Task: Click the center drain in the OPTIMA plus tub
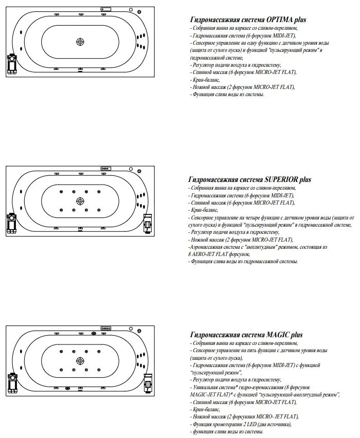80,42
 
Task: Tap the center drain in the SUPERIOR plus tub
80,200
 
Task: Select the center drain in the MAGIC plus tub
80,360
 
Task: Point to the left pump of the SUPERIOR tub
11,223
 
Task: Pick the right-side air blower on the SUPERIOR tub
149,222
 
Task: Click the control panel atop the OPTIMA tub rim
107,9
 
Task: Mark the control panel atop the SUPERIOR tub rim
107,168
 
